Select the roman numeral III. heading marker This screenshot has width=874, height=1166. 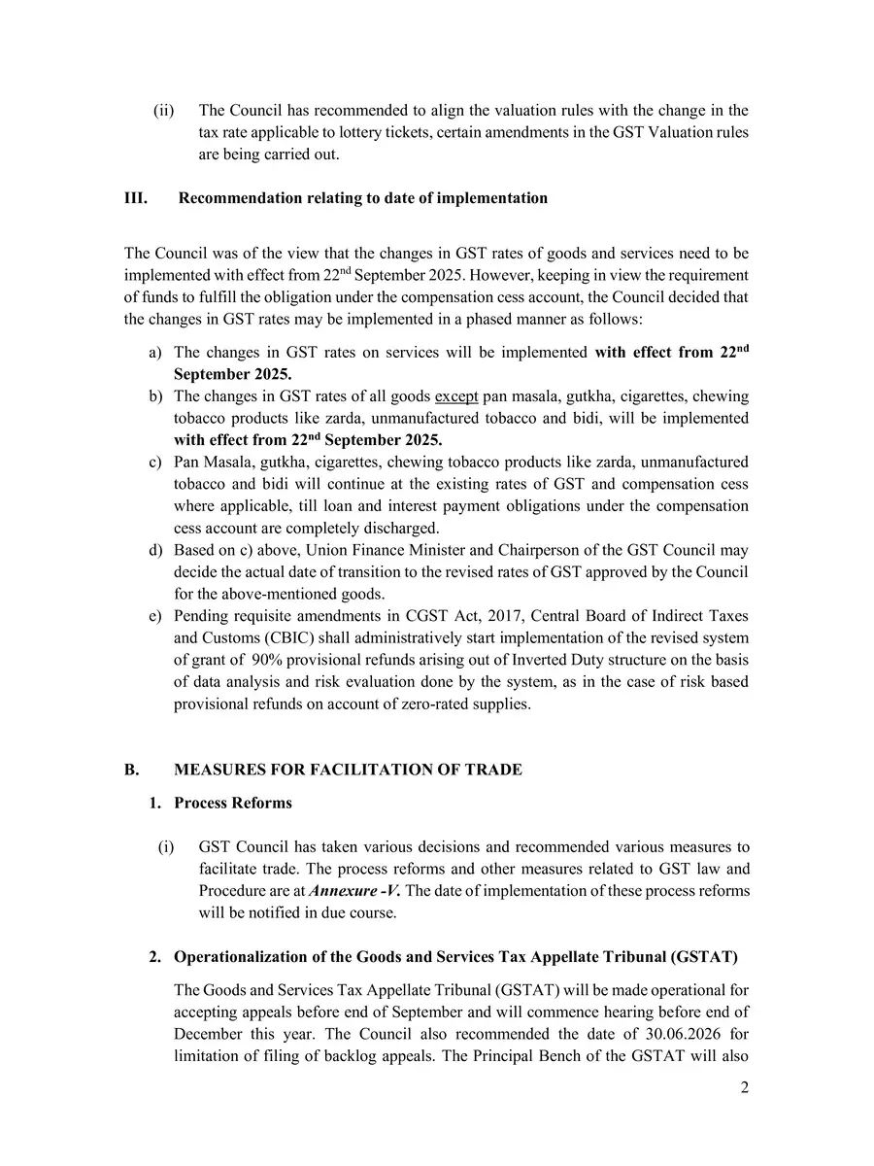[136, 198]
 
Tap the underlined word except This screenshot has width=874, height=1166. [456, 396]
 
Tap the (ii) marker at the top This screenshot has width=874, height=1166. [163, 111]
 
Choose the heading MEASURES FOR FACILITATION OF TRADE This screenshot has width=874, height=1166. [348, 771]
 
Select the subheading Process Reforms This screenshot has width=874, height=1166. [233, 804]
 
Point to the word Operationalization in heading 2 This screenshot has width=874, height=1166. [239, 957]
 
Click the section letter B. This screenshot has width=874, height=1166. [131, 771]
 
